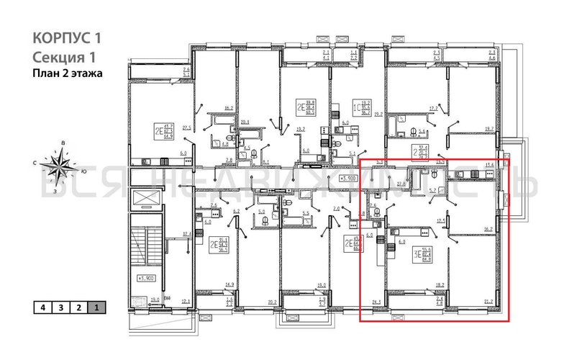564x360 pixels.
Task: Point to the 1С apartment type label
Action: click(x=355, y=108)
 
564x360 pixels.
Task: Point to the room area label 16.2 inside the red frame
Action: click(x=489, y=228)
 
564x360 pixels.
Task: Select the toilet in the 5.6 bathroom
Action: click(x=414, y=131)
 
